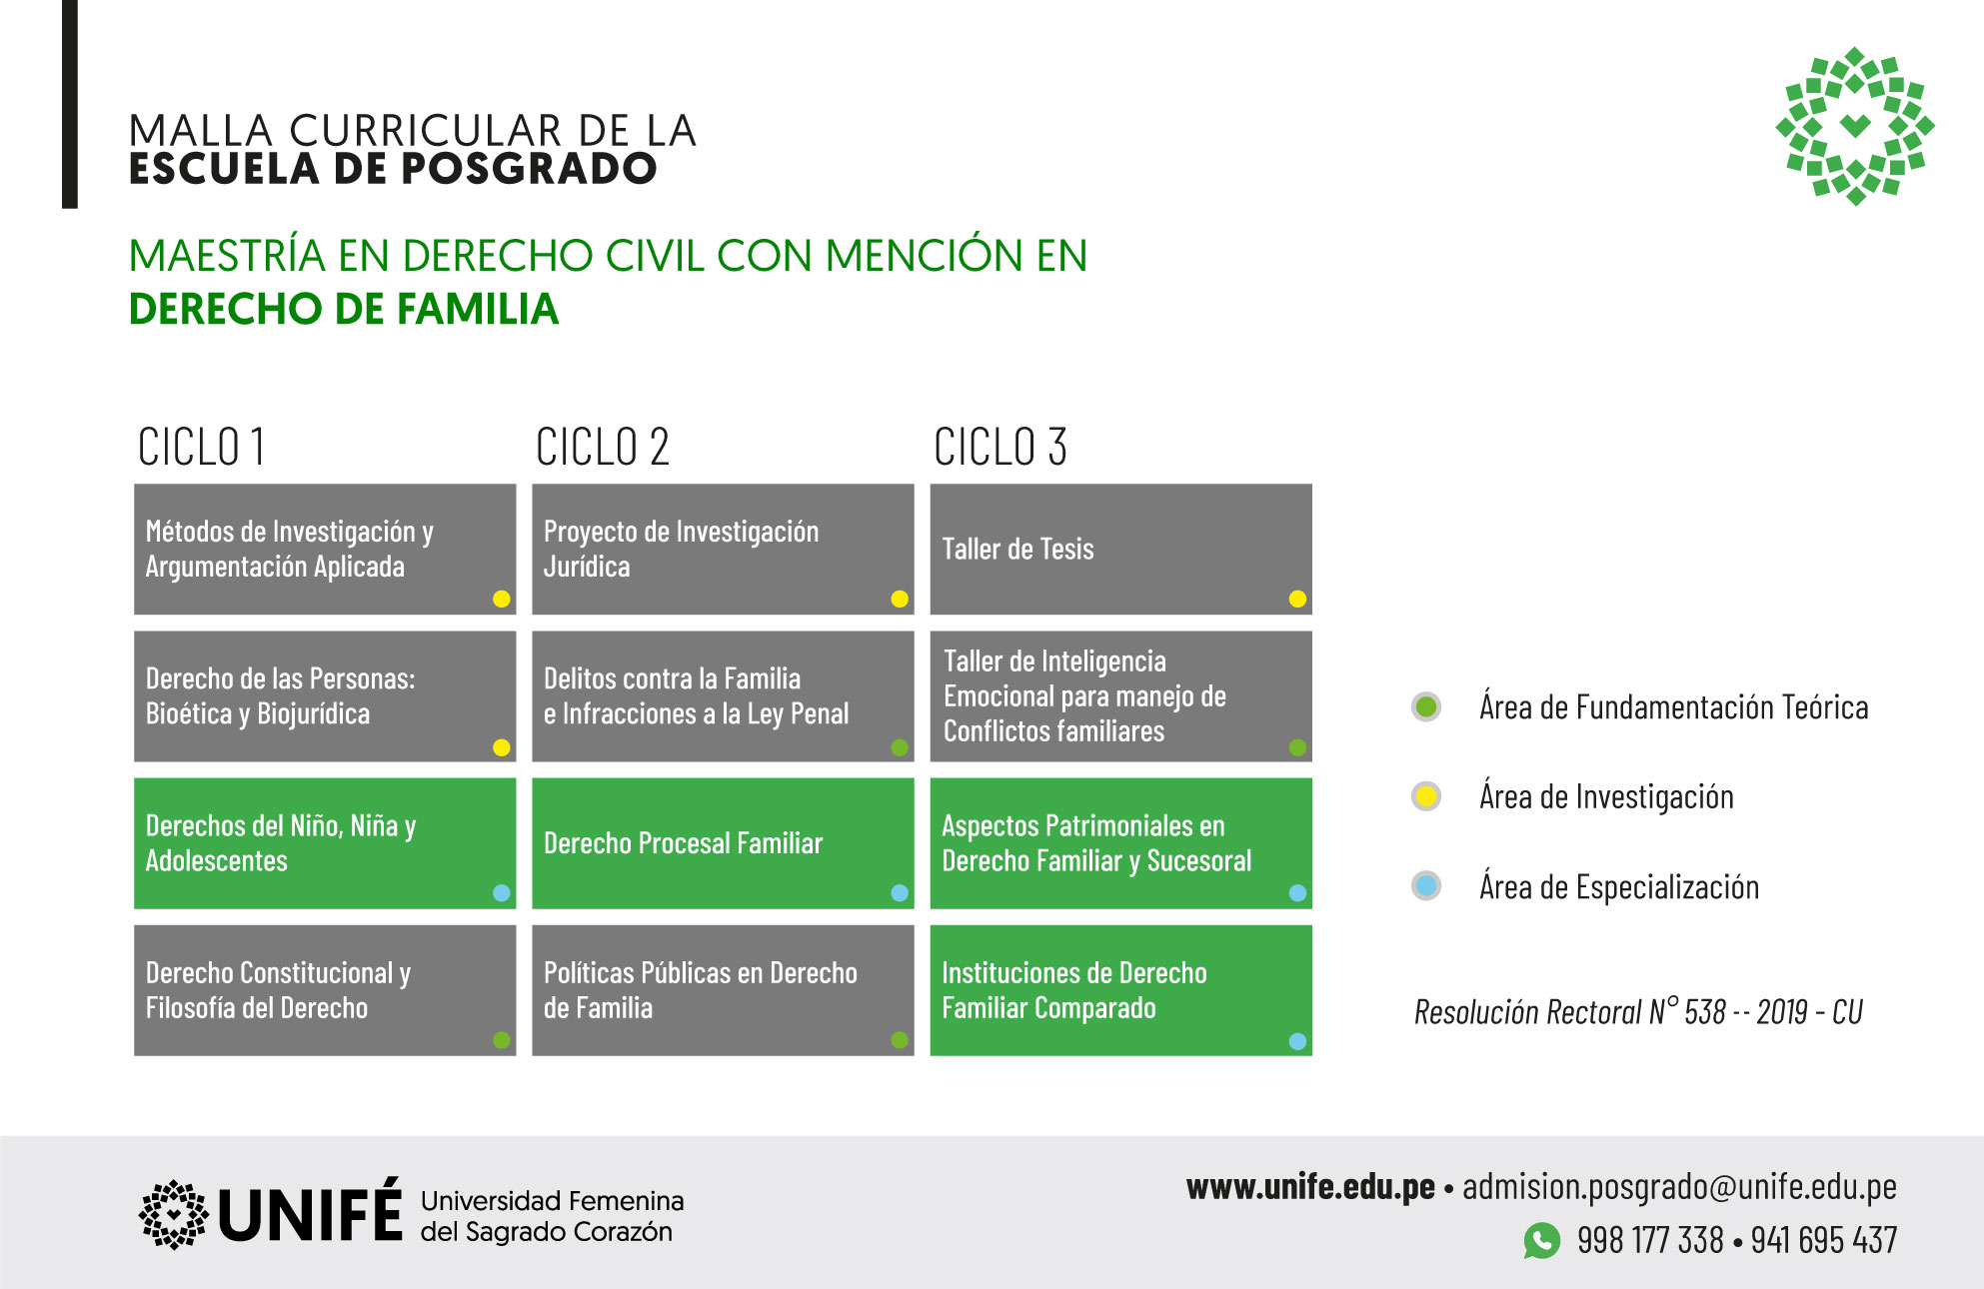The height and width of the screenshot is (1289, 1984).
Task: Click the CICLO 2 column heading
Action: tap(602, 447)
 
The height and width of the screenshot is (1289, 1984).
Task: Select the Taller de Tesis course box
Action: tap(1120, 549)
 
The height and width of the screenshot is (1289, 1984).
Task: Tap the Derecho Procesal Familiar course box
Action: tap(723, 843)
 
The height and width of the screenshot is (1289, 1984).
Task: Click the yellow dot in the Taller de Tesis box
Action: tap(1297, 599)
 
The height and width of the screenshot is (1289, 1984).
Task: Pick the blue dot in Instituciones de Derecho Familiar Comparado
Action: tap(1297, 1041)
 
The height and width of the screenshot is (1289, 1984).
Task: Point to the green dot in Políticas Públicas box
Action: tap(900, 1040)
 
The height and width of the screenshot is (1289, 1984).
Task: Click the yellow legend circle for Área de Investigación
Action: tap(1426, 796)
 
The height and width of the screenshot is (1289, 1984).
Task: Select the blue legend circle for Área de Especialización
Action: tap(1426, 885)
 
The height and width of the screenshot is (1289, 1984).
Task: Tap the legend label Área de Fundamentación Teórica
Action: tap(1673, 707)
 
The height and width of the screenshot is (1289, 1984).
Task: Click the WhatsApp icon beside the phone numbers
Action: tap(1541, 1240)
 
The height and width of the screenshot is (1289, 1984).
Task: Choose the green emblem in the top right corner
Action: tap(1855, 126)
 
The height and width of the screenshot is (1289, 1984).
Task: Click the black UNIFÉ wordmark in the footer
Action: tap(310, 1211)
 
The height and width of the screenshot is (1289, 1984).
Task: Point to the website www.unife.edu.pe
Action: tap(1310, 1187)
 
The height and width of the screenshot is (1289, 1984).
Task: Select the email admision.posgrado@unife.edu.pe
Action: tap(1679, 1187)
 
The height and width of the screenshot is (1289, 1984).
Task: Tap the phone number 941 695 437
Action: tap(1824, 1240)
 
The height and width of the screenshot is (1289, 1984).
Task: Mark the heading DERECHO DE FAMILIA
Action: tap(343, 309)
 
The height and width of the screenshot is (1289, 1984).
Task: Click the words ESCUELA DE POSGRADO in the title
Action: tap(393, 168)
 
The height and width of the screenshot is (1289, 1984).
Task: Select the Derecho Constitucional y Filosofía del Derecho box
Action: tap(325, 990)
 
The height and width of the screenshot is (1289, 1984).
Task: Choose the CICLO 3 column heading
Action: tap(1000, 447)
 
